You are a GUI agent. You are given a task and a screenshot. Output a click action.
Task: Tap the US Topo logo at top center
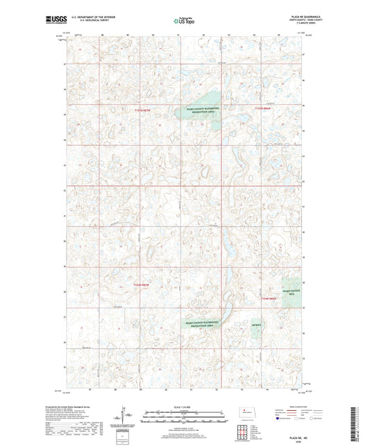(183, 22)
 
